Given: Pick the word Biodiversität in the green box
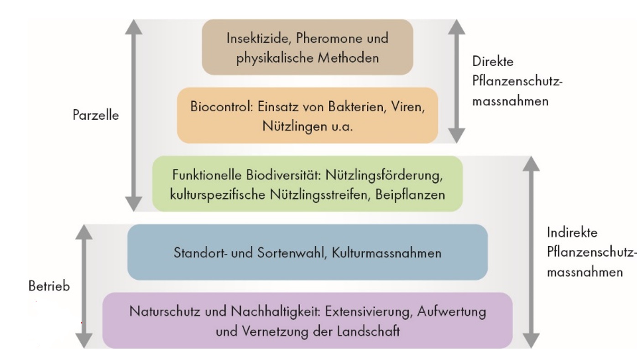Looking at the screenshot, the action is pos(283,175).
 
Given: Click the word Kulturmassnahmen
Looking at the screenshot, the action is pos(386,253).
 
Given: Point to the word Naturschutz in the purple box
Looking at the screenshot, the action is pos(165,311).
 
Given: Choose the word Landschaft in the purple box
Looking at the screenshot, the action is pos(368,331).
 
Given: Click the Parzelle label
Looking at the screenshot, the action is pos(96,115).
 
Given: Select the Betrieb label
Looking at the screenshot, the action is pos(49,286).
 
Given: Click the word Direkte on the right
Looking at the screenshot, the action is pos(493,62).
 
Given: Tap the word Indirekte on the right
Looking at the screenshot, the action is pos(572,232).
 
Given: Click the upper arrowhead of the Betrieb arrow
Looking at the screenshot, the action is pos(84,232).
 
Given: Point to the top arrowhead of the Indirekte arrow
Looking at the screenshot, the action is pos(531,164).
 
